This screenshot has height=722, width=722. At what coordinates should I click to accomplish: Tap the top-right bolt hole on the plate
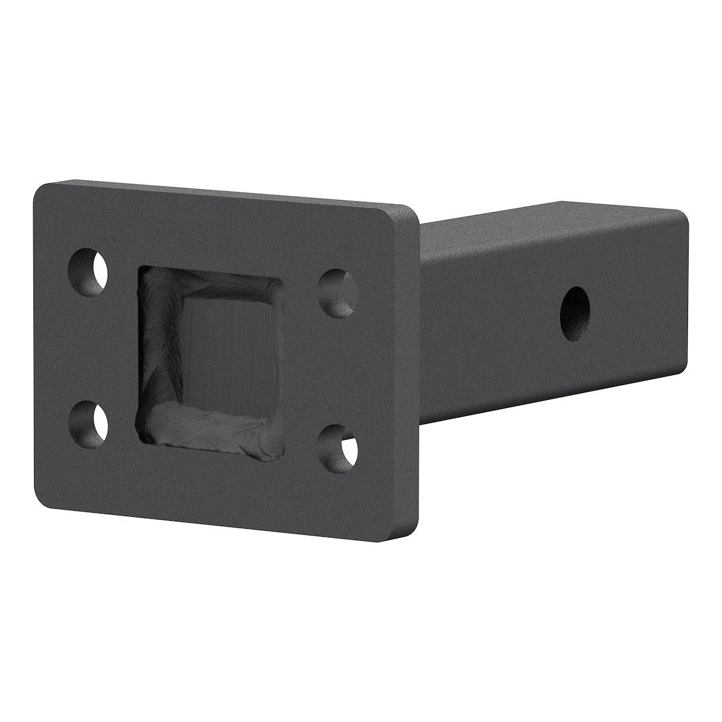click(x=338, y=293)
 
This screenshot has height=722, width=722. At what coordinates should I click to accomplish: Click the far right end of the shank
click(x=683, y=294)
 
